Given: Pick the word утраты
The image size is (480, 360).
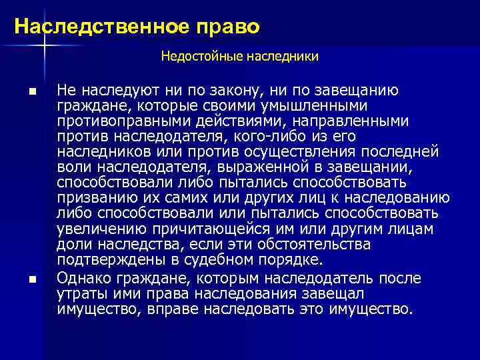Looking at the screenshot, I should tap(79, 293).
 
